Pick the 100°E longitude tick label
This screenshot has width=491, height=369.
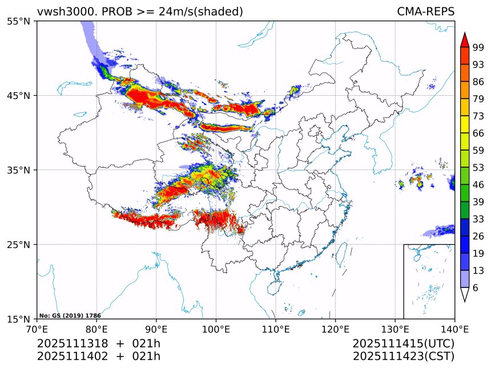(x=216, y=329)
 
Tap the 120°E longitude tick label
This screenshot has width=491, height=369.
(x=335, y=329)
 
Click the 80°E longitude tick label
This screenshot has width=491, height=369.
(x=96, y=329)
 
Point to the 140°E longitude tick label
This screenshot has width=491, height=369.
(x=454, y=329)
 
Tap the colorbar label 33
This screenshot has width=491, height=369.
(x=478, y=219)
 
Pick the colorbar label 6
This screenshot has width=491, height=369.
(x=476, y=288)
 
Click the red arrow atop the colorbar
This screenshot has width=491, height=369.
(x=464, y=40)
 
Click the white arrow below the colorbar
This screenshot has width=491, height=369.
(x=464, y=294)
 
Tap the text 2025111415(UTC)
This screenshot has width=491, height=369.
(x=403, y=344)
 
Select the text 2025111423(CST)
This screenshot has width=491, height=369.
(x=403, y=356)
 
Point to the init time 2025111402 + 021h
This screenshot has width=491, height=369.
(x=98, y=356)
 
